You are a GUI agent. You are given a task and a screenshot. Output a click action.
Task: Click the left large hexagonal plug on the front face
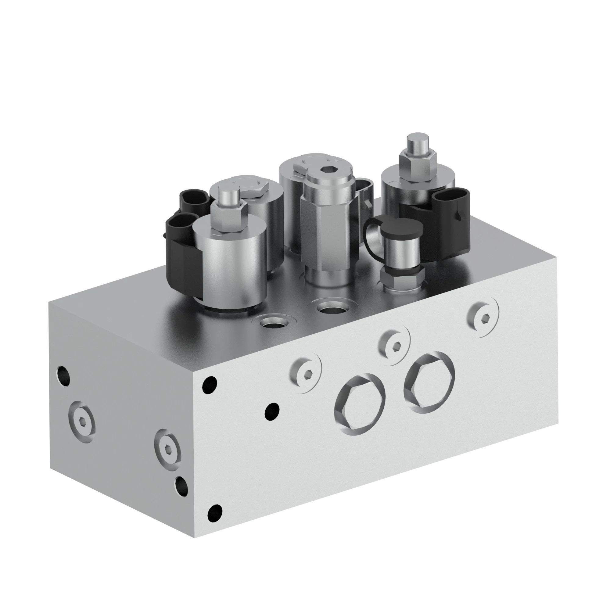tap(360, 404)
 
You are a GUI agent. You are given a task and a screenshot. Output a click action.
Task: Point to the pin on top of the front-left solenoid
tap(227, 197)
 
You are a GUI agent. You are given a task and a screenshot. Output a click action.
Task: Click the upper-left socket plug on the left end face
tap(81, 422)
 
